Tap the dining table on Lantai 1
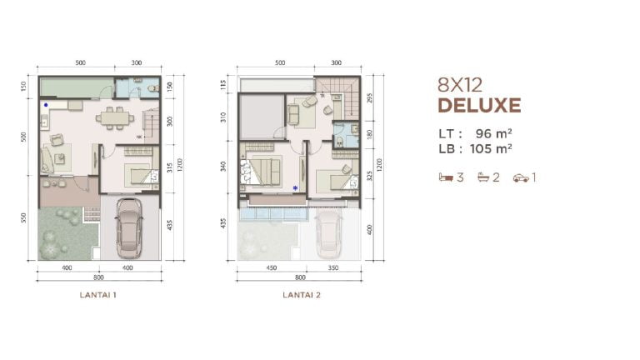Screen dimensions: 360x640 pos(113,117)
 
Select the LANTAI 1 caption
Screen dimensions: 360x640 pos(97,294)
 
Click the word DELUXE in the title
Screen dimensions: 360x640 pos(478,106)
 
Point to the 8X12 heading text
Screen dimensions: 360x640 pos(459,84)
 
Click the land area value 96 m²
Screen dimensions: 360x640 pos(487,133)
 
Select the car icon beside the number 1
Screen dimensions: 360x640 pos(521,177)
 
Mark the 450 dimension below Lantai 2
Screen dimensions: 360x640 pos(272,268)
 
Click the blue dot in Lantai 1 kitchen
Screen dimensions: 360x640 pos(45,106)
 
